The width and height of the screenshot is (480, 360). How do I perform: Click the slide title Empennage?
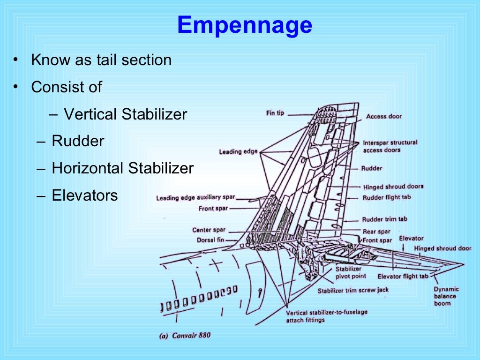(244, 25)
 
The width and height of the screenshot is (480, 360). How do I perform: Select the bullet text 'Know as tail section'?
(101, 60)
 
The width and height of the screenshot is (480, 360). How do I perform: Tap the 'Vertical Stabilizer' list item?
(125, 114)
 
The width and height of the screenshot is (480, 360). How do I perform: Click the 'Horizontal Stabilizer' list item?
(122, 168)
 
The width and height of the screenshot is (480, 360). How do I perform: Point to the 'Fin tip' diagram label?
(275, 113)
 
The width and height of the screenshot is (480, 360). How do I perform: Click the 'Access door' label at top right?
(384, 116)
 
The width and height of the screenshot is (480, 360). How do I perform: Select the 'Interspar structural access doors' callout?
(390, 146)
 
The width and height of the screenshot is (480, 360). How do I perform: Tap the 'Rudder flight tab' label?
(387, 197)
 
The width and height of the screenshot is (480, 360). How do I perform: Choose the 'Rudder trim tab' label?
(384, 219)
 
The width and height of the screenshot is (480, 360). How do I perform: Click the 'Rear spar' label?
(376, 232)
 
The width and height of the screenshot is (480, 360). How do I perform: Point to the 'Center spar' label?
(209, 230)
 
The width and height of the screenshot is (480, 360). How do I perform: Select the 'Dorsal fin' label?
(211, 240)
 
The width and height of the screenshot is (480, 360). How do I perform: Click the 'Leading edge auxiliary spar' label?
(195, 198)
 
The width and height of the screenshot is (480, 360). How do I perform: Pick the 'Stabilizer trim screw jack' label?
(353, 291)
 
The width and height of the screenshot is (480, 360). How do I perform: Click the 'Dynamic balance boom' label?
(446, 296)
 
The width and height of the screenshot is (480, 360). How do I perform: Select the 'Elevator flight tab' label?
(403, 277)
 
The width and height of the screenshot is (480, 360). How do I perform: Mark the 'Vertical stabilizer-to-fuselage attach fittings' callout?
(327, 316)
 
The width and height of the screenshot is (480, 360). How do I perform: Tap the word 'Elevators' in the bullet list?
(85, 195)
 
